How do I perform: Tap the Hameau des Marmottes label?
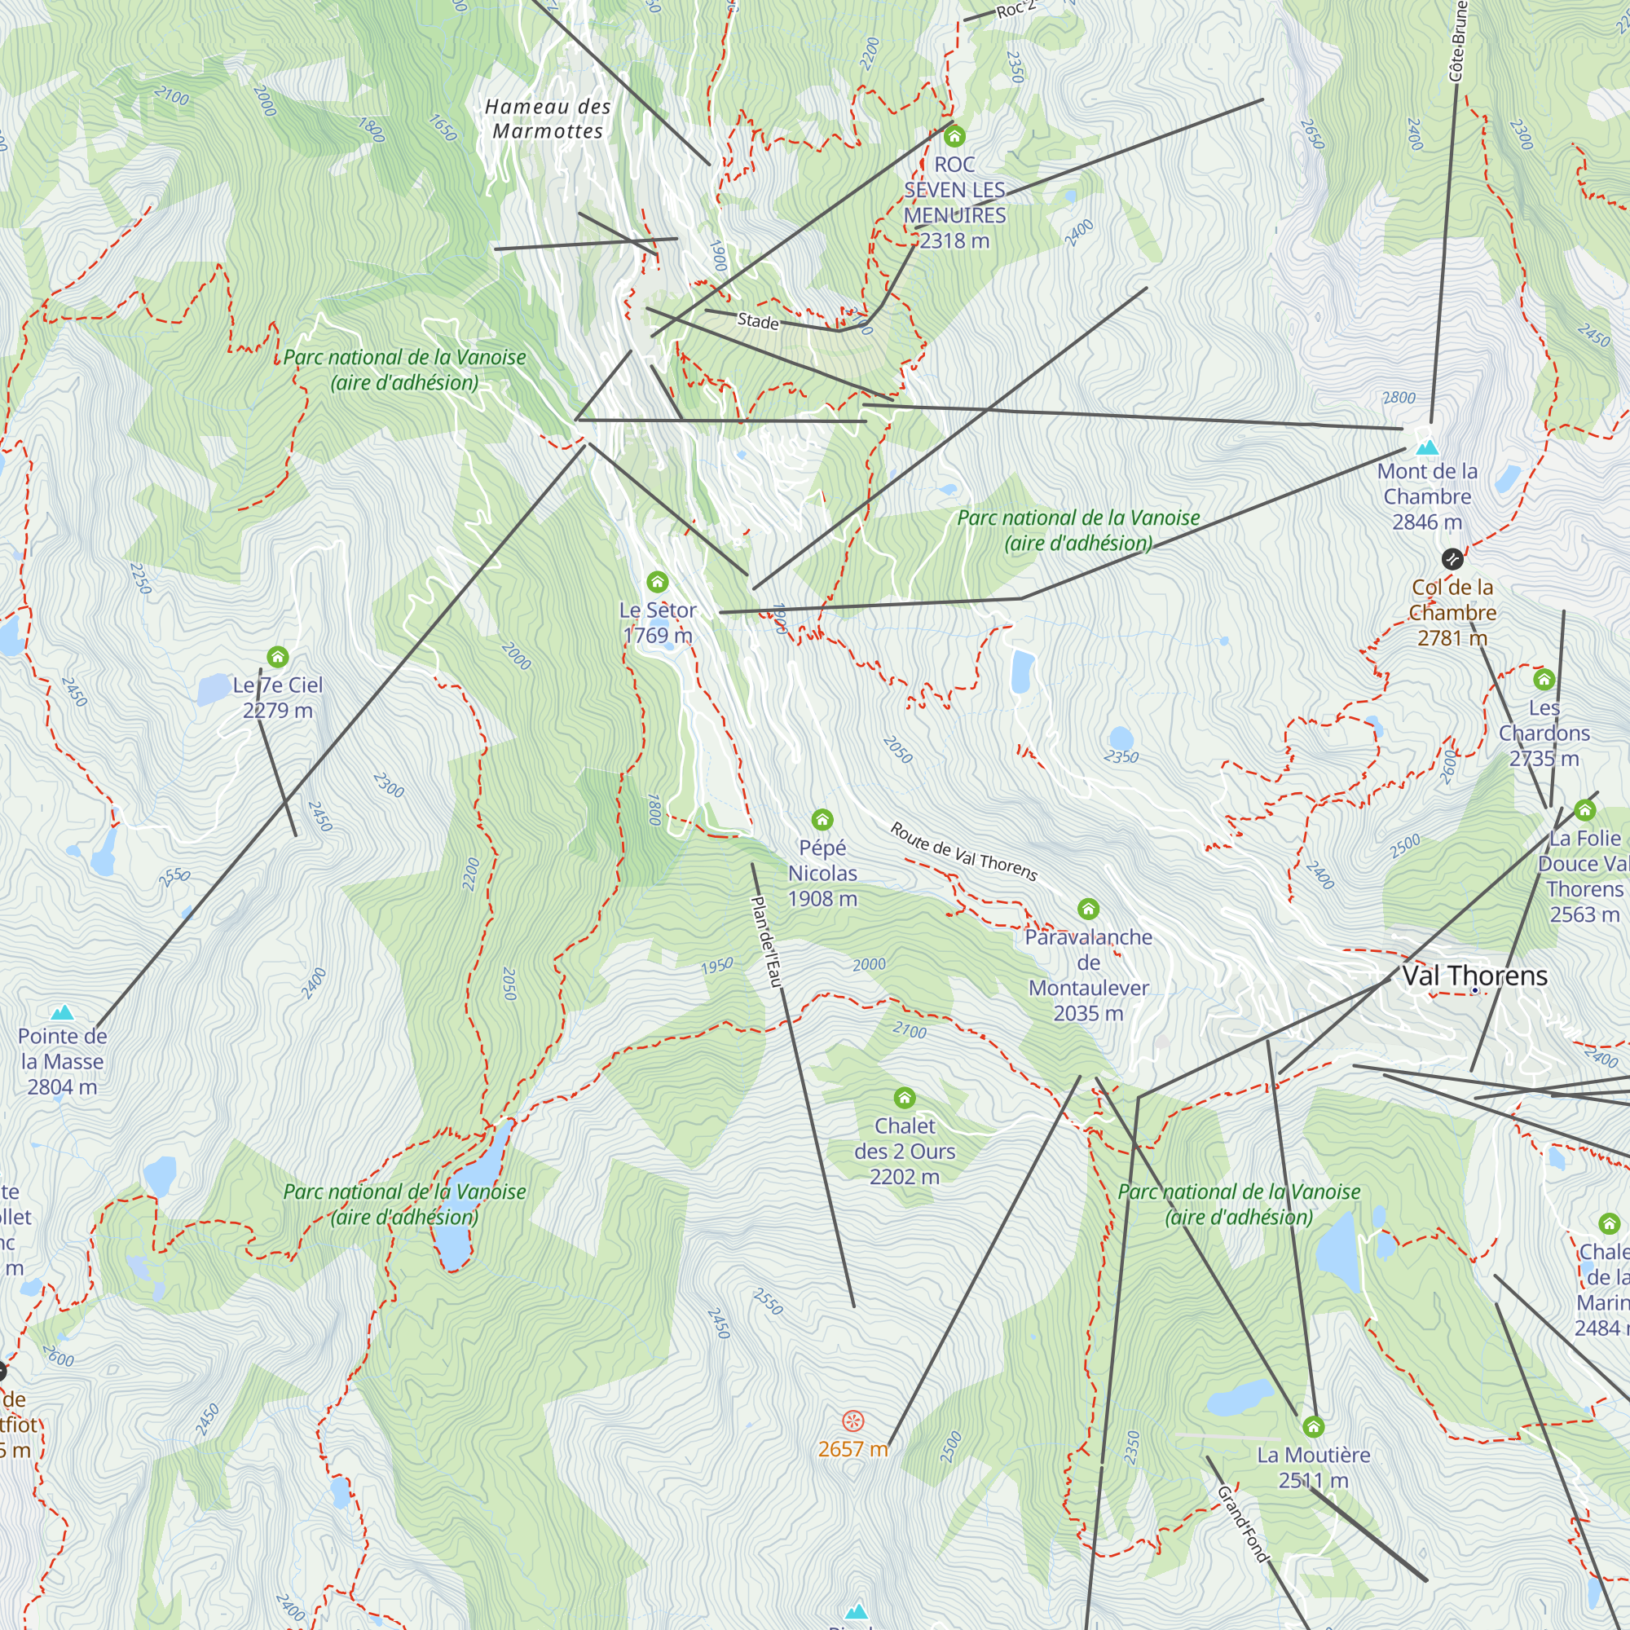(x=548, y=119)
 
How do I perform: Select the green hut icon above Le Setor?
(x=657, y=581)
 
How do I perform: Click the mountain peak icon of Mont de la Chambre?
(x=1427, y=447)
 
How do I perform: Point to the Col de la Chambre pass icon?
(x=1452, y=558)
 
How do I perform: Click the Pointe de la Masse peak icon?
(x=62, y=1012)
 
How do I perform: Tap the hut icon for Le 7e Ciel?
(x=278, y=656)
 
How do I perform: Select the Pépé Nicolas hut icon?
(x=822, y=819)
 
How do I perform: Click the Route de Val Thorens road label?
(x=963, y=852)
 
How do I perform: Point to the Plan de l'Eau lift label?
(x=767, y=941)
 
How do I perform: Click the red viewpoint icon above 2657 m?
(x=853, y=1421)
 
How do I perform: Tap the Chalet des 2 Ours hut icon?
(x=905, y=1098)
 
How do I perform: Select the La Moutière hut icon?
(x=1313, y=1427)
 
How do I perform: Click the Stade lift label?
(x=758, y=320)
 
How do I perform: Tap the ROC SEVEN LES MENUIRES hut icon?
(x=954, y=136)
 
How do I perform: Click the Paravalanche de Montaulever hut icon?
(x=1088, y=909)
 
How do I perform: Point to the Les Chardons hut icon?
(x=1544, y=679)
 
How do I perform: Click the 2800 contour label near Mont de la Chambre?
(x=1399, y=398)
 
